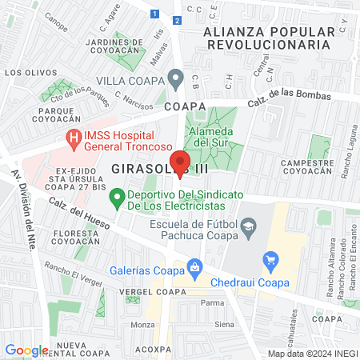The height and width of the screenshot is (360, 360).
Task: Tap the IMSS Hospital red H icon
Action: tap(74, 138)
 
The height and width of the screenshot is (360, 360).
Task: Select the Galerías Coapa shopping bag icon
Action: tap(193, 266)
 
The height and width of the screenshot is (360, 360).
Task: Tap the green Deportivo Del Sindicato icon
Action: tap(117, 195)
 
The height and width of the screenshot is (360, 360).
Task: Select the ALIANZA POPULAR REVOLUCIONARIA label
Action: tap(267, 38)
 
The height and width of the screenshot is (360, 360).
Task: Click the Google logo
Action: tap(26, 350)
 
